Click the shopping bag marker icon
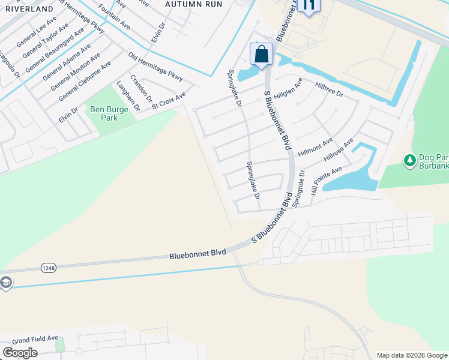[262, 54]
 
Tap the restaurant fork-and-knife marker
[309, 6]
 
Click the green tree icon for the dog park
[410, 160]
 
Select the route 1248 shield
[49, 268]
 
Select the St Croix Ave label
[169, 100]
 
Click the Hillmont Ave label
[315, 147]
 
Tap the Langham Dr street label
[128, 96]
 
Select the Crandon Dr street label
[142, 88]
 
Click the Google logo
[20, 352]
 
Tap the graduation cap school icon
[5, 283]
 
